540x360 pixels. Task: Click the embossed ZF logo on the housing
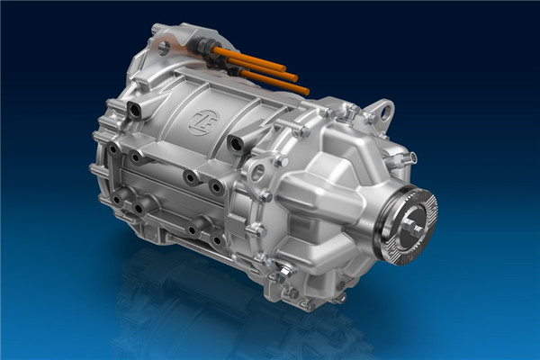click(204, 122)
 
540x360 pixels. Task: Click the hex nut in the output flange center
click(410, 226)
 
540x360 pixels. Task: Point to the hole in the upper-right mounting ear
click(385, 109)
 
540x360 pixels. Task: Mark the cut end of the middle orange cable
click(293, 77)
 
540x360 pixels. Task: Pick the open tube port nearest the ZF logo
click(235, 144)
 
